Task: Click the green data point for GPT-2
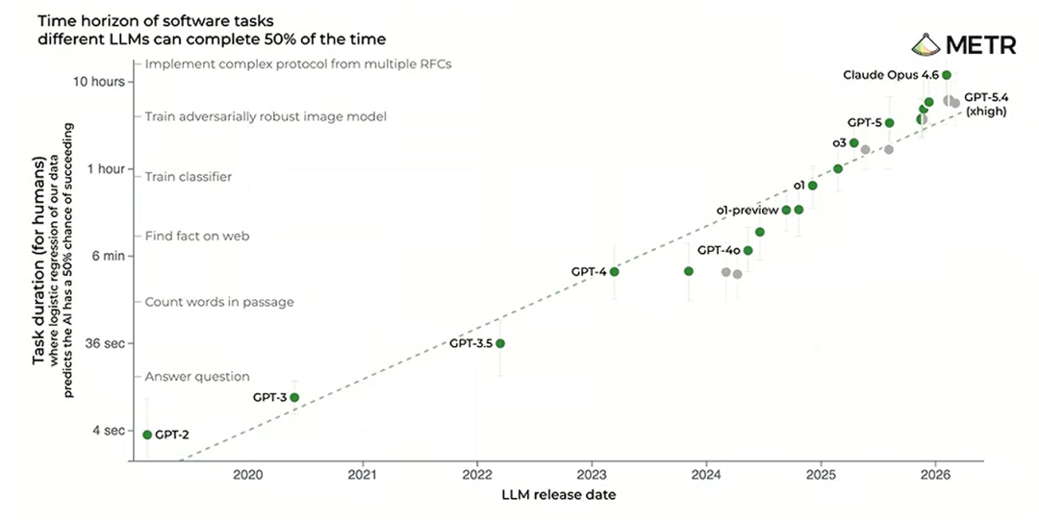click(147, 434)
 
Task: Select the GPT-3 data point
click(294, 397)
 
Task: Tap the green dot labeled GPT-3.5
click(500, 343)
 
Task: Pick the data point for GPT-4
click(614, 271)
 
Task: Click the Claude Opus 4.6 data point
click(947, 75)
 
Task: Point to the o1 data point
click(812, 186)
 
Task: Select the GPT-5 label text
click(865, 122)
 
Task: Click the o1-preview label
click(748, 211)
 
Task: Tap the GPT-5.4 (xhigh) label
click(986, 105)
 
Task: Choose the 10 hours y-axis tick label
click(99, 82)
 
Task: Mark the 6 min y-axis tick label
click(109, 256)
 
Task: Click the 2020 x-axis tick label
click(248, 474)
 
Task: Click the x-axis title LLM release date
click(559, 494)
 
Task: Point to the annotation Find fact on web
click(197, 236)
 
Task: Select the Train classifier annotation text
click(189, 177)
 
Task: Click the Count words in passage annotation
click(219, 302)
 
